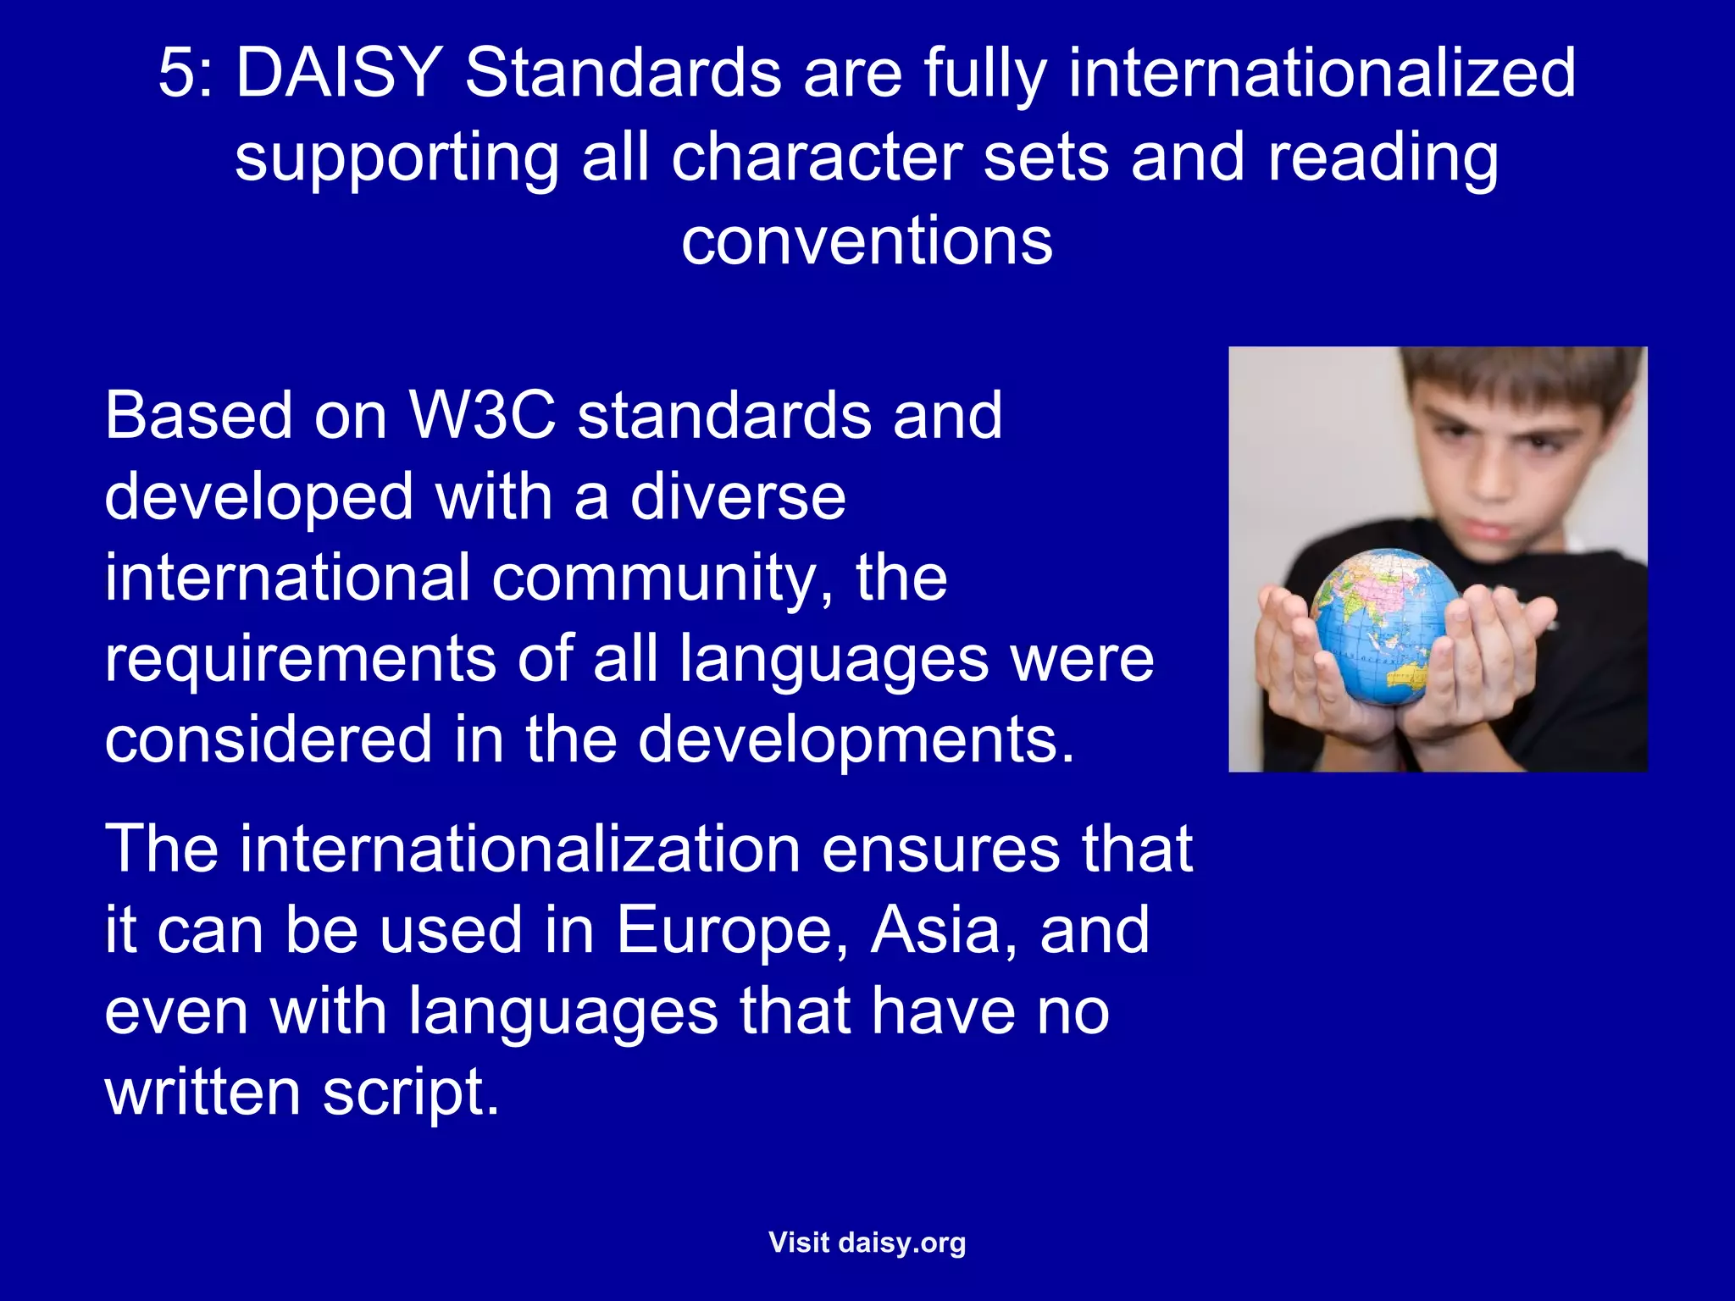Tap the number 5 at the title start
[176, 73]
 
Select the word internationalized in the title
[1322, 73]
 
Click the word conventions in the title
[867, 241]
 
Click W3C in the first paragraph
[482, 415]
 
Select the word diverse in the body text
[738, 496]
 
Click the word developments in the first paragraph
[856, 739]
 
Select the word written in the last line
[202, 1093]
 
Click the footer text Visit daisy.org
[867, 1243]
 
